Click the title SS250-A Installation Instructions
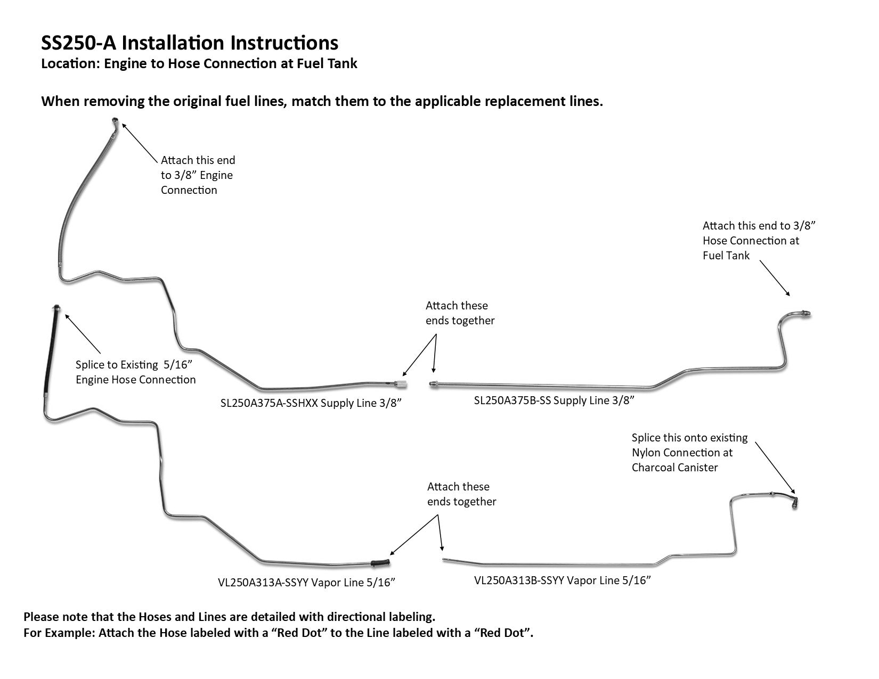pyautogui.click(x=190, y=43)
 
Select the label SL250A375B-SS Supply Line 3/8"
pyautogui.click(x=554, y=400)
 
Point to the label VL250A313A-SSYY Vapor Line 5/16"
pyautogui.click(x=306, y=583)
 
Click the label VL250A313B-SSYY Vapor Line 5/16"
pyautogui.click(x=563, y=580)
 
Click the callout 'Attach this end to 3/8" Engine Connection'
pyautogui.click(x=198, y=175)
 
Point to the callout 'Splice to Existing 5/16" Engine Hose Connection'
pyautogui.click(x=135, y=372)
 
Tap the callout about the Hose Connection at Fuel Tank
pyautogui.click(x=759, y=241)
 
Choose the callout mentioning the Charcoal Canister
pyautogui.click(x=689, y=453)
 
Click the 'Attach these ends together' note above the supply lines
pyautogui.click(x=460, y=313)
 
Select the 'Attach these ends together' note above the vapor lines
pyautogui.click(x=461, y=494)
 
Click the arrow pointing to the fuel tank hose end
pyautogui.click(x=775, y=277)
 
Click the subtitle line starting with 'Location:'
pyautogui.click(x=199, y=64)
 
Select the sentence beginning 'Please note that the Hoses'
pyautogui.click(x=230, y=617)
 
